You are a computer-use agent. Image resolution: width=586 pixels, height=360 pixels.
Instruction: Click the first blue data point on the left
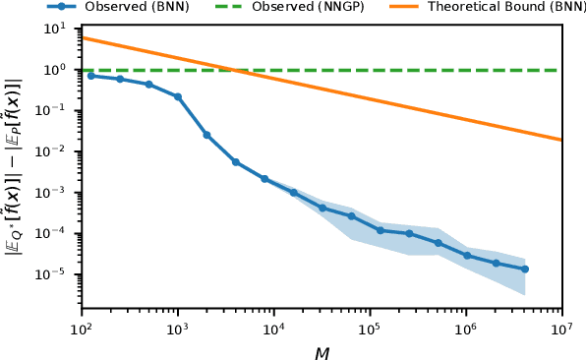91,75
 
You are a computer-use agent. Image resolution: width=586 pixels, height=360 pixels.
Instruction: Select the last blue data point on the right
525,269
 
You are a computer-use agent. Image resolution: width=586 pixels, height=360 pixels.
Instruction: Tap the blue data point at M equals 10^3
178,96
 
